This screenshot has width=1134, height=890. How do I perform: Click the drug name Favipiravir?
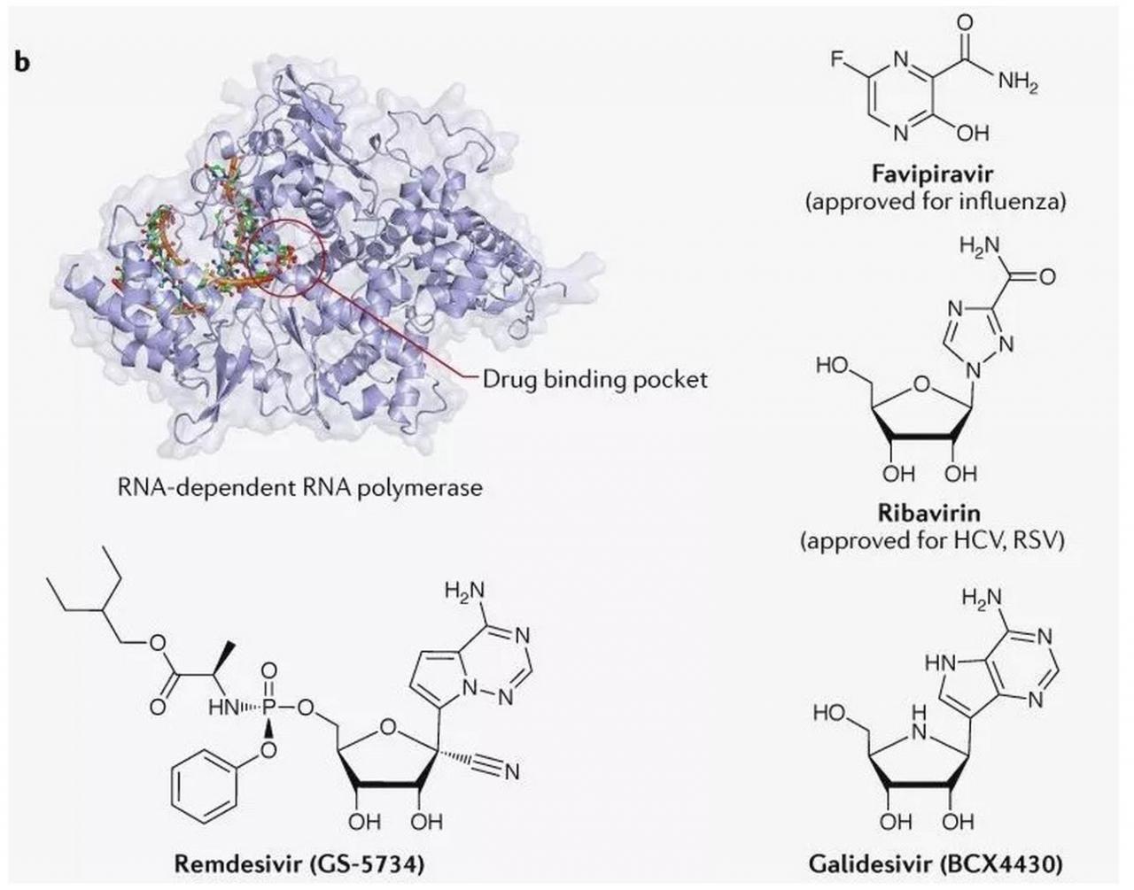click(934, 174)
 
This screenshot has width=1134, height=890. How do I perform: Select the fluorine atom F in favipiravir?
click(836, 60)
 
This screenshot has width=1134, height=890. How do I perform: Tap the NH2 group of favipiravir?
click(1016, 83)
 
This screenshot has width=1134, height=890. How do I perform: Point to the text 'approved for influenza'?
click(934, 202)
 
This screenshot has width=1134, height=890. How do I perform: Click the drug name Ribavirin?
click(933, 513)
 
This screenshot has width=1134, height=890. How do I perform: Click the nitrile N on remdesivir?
click(509, 772)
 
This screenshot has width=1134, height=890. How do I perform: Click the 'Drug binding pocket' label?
click(594, 380)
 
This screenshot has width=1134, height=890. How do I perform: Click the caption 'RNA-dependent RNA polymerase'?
click(300, 486)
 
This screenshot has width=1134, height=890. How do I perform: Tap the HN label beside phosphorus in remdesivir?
click(223, 708)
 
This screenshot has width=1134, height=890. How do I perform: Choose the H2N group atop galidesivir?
click(976, 602)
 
